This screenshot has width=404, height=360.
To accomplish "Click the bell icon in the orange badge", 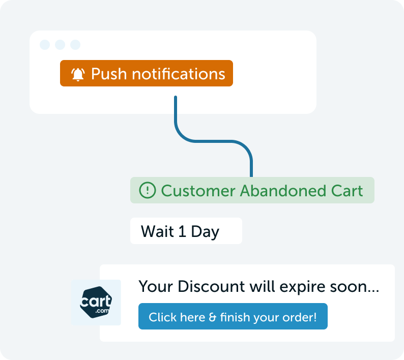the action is tap(77, 74).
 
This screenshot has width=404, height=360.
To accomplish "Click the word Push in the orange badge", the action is tap(109, 74).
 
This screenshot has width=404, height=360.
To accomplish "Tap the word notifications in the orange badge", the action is tap(179, 74).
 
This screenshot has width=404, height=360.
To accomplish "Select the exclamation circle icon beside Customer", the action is tap(148, 190).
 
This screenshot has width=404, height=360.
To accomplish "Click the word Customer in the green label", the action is tap(198, 191).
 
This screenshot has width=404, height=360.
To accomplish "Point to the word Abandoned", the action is tap(283, 191).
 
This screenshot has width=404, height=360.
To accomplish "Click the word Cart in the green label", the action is tap(347, 191).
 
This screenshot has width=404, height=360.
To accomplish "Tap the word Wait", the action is tap(157, 231).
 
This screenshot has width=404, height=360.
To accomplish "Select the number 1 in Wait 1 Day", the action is tap(182, 231).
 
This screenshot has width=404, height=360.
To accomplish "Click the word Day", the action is tap(205, 232).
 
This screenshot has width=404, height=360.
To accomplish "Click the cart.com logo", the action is tap(96, 303).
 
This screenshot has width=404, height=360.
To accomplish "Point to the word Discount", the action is tap(211, 286).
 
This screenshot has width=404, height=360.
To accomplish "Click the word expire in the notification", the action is tap(302, 287).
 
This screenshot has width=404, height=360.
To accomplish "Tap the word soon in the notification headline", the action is tap(352, 288).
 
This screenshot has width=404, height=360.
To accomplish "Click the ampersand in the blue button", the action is tap(213, 317).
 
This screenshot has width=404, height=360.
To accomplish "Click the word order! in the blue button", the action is tap(299, 317).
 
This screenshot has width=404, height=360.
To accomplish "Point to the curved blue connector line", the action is tap(214, 141).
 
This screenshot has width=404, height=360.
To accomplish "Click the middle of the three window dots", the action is tap(60, 45).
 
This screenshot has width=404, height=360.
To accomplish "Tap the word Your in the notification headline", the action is tap(156, 286).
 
